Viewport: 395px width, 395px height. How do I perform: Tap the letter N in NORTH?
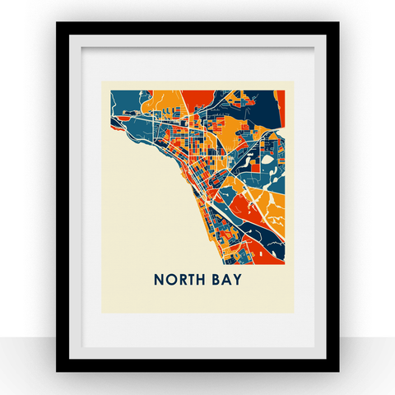[x=159, y=281]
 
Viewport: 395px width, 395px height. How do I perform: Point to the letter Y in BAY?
[x=238, y=281]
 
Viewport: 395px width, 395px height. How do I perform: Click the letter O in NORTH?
[x=170, y=281]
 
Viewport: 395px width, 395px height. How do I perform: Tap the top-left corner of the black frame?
[x=57, y=23]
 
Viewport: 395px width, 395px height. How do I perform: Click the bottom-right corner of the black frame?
[x=338, y=371]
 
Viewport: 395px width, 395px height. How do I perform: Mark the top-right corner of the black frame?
[x=338, y=23]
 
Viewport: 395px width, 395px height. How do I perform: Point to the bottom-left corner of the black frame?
[x=57, y=371]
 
